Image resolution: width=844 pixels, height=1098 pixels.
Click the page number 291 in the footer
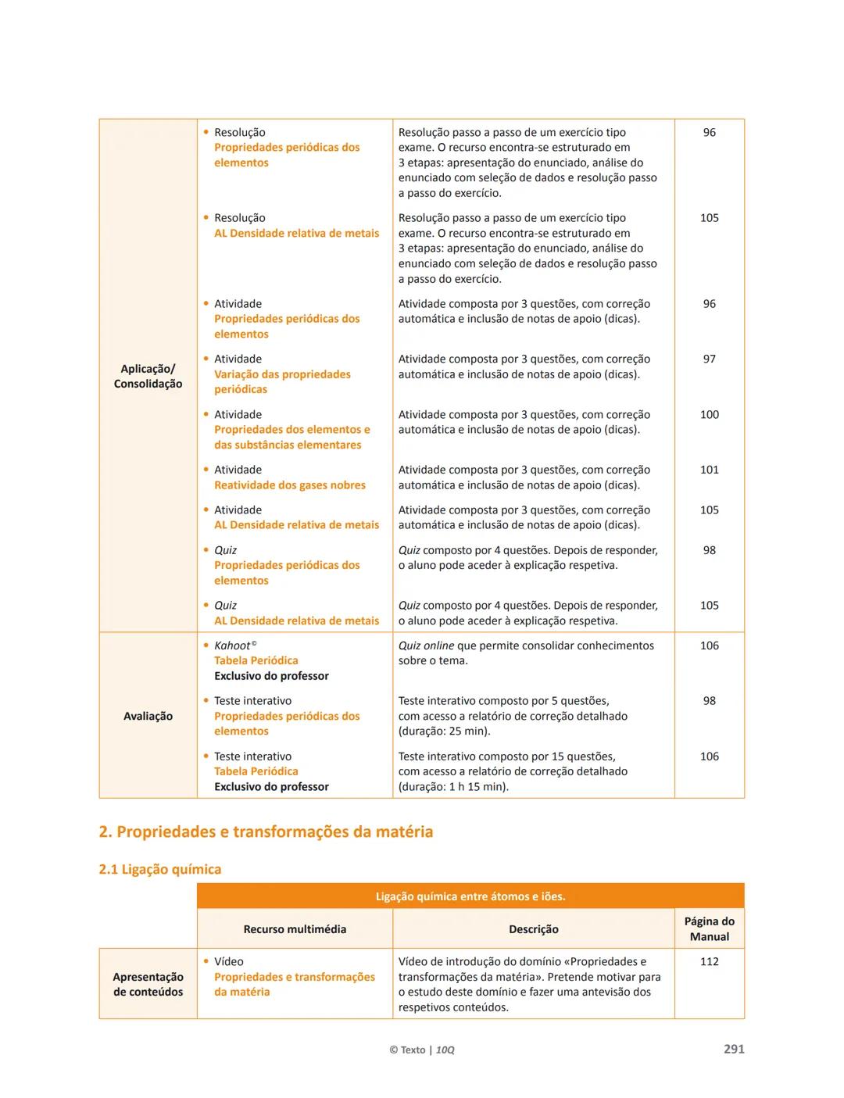734,1049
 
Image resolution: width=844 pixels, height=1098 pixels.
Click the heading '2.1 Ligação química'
160,869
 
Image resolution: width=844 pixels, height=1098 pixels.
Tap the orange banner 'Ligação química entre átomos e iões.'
470,896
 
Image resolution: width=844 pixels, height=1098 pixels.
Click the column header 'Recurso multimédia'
295,929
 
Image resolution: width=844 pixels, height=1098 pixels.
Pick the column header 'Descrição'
534,929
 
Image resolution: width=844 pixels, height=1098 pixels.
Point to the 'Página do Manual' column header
709,928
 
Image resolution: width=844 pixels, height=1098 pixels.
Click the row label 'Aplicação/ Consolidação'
148,376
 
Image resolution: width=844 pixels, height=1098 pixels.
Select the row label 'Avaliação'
148,716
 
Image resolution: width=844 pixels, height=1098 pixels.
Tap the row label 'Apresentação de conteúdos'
148,985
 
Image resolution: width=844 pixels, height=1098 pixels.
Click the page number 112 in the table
709,961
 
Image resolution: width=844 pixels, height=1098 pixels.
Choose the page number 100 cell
709,414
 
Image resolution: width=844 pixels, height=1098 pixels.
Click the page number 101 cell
709,470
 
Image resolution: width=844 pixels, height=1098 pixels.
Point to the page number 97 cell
709,359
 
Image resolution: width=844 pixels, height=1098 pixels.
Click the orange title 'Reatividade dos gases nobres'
290,485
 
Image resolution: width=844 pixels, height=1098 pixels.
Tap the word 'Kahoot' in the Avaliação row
232,646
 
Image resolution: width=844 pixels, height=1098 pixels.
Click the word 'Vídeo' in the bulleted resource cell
229,961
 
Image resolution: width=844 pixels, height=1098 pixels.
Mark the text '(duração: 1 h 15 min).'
453,787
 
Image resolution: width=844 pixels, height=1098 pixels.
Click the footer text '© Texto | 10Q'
422,1050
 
